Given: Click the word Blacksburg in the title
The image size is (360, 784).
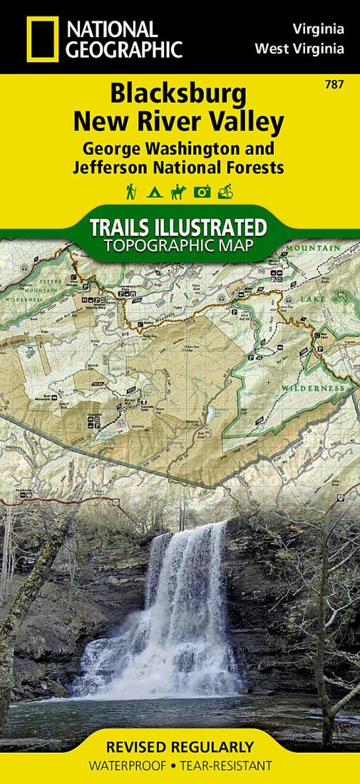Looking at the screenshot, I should point(179,95).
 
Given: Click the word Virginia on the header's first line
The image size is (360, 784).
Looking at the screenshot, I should point(319,30).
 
